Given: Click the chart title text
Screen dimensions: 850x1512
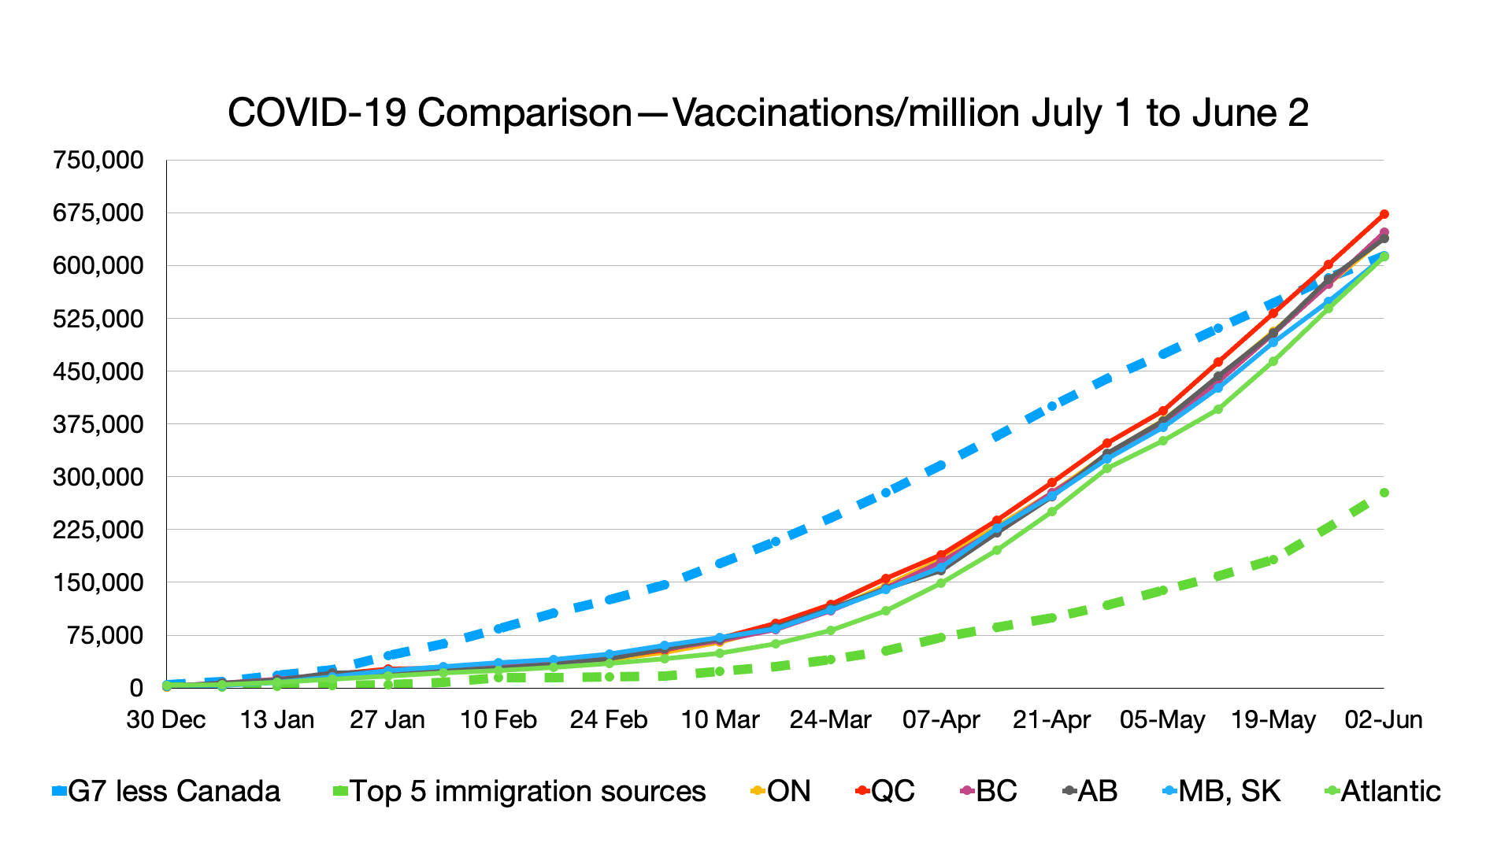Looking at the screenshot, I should coord(768,113).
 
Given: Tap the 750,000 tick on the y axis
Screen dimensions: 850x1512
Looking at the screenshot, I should coord(98,160).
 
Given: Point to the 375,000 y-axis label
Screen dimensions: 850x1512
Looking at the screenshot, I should coord(98,424).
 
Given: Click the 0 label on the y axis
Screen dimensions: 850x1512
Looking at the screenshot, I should coord(136,688).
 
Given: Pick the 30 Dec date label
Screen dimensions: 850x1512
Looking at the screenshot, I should coord(166,719).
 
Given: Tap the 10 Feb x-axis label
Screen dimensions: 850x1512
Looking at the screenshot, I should coord(498,719).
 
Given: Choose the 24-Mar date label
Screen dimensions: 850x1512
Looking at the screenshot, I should coord(830,719).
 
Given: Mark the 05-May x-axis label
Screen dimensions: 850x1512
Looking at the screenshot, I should coord(1162,719).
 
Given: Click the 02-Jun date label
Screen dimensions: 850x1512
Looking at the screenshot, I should coord(1384,719).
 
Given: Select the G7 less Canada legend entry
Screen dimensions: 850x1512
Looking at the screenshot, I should coord(166,791).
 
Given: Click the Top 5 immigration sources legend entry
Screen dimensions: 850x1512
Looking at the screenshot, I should coord(520,791).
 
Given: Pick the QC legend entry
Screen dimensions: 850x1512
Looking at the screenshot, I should coord(885,791).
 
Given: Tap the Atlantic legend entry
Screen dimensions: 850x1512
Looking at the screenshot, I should coord(1383,791).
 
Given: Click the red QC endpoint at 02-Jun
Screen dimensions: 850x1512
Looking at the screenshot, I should coord(1384,214).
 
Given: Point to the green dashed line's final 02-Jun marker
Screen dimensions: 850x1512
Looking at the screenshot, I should coord(1384,493).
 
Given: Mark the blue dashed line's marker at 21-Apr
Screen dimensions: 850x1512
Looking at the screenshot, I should coord(1052,407).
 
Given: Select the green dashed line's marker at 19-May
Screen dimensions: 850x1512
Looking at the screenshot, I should coord(1273,560).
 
